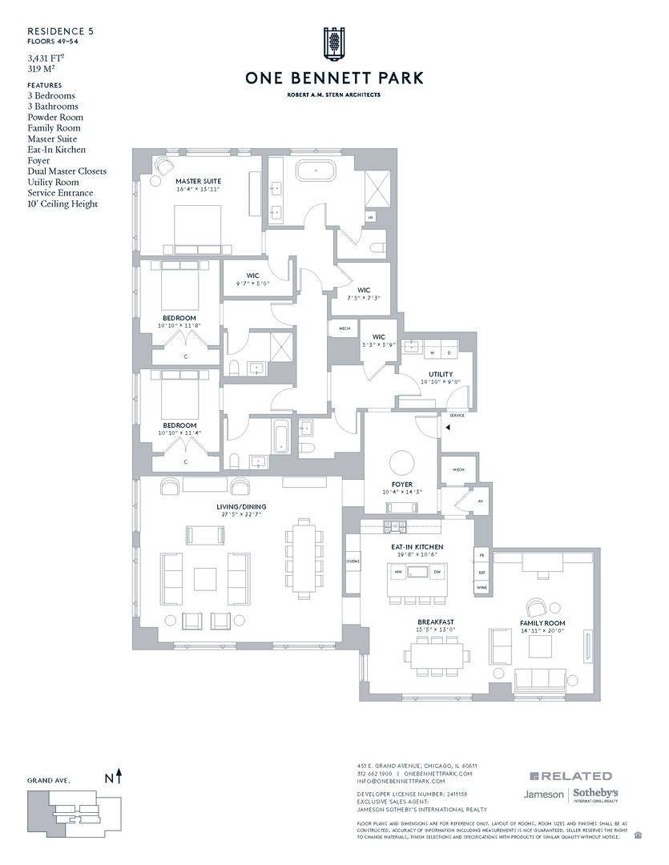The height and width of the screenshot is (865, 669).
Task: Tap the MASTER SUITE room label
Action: (x=198, y=182)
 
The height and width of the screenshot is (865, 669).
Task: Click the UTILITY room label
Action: (x=441, y=374)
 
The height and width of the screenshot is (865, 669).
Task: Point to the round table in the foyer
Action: (x=400, y=463)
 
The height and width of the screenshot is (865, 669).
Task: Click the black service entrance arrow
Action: (x=449, y=428)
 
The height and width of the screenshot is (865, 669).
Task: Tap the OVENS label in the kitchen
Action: (x=353, y=561)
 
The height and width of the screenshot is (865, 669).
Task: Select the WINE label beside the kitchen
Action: (x=482, y=587)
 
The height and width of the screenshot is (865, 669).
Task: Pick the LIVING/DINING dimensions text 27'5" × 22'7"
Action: (x=240, y=514)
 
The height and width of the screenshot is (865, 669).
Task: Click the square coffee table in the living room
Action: (x=204, y=578)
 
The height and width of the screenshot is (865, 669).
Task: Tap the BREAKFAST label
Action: (x=436, y=622)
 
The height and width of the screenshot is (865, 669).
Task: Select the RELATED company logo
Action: (x=570, y=776)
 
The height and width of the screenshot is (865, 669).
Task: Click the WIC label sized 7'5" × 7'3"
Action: (x=364, y=290)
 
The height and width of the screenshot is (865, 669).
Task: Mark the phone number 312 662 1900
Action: (x=374, y=774)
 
